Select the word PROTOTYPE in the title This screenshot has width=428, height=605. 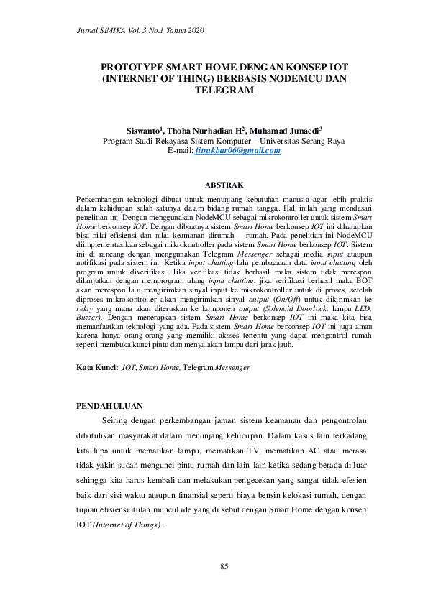[137, 66]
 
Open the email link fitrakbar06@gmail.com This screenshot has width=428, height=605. [237, 151]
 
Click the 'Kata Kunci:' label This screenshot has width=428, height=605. [97, 367]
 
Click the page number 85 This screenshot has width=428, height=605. [224, 568]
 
